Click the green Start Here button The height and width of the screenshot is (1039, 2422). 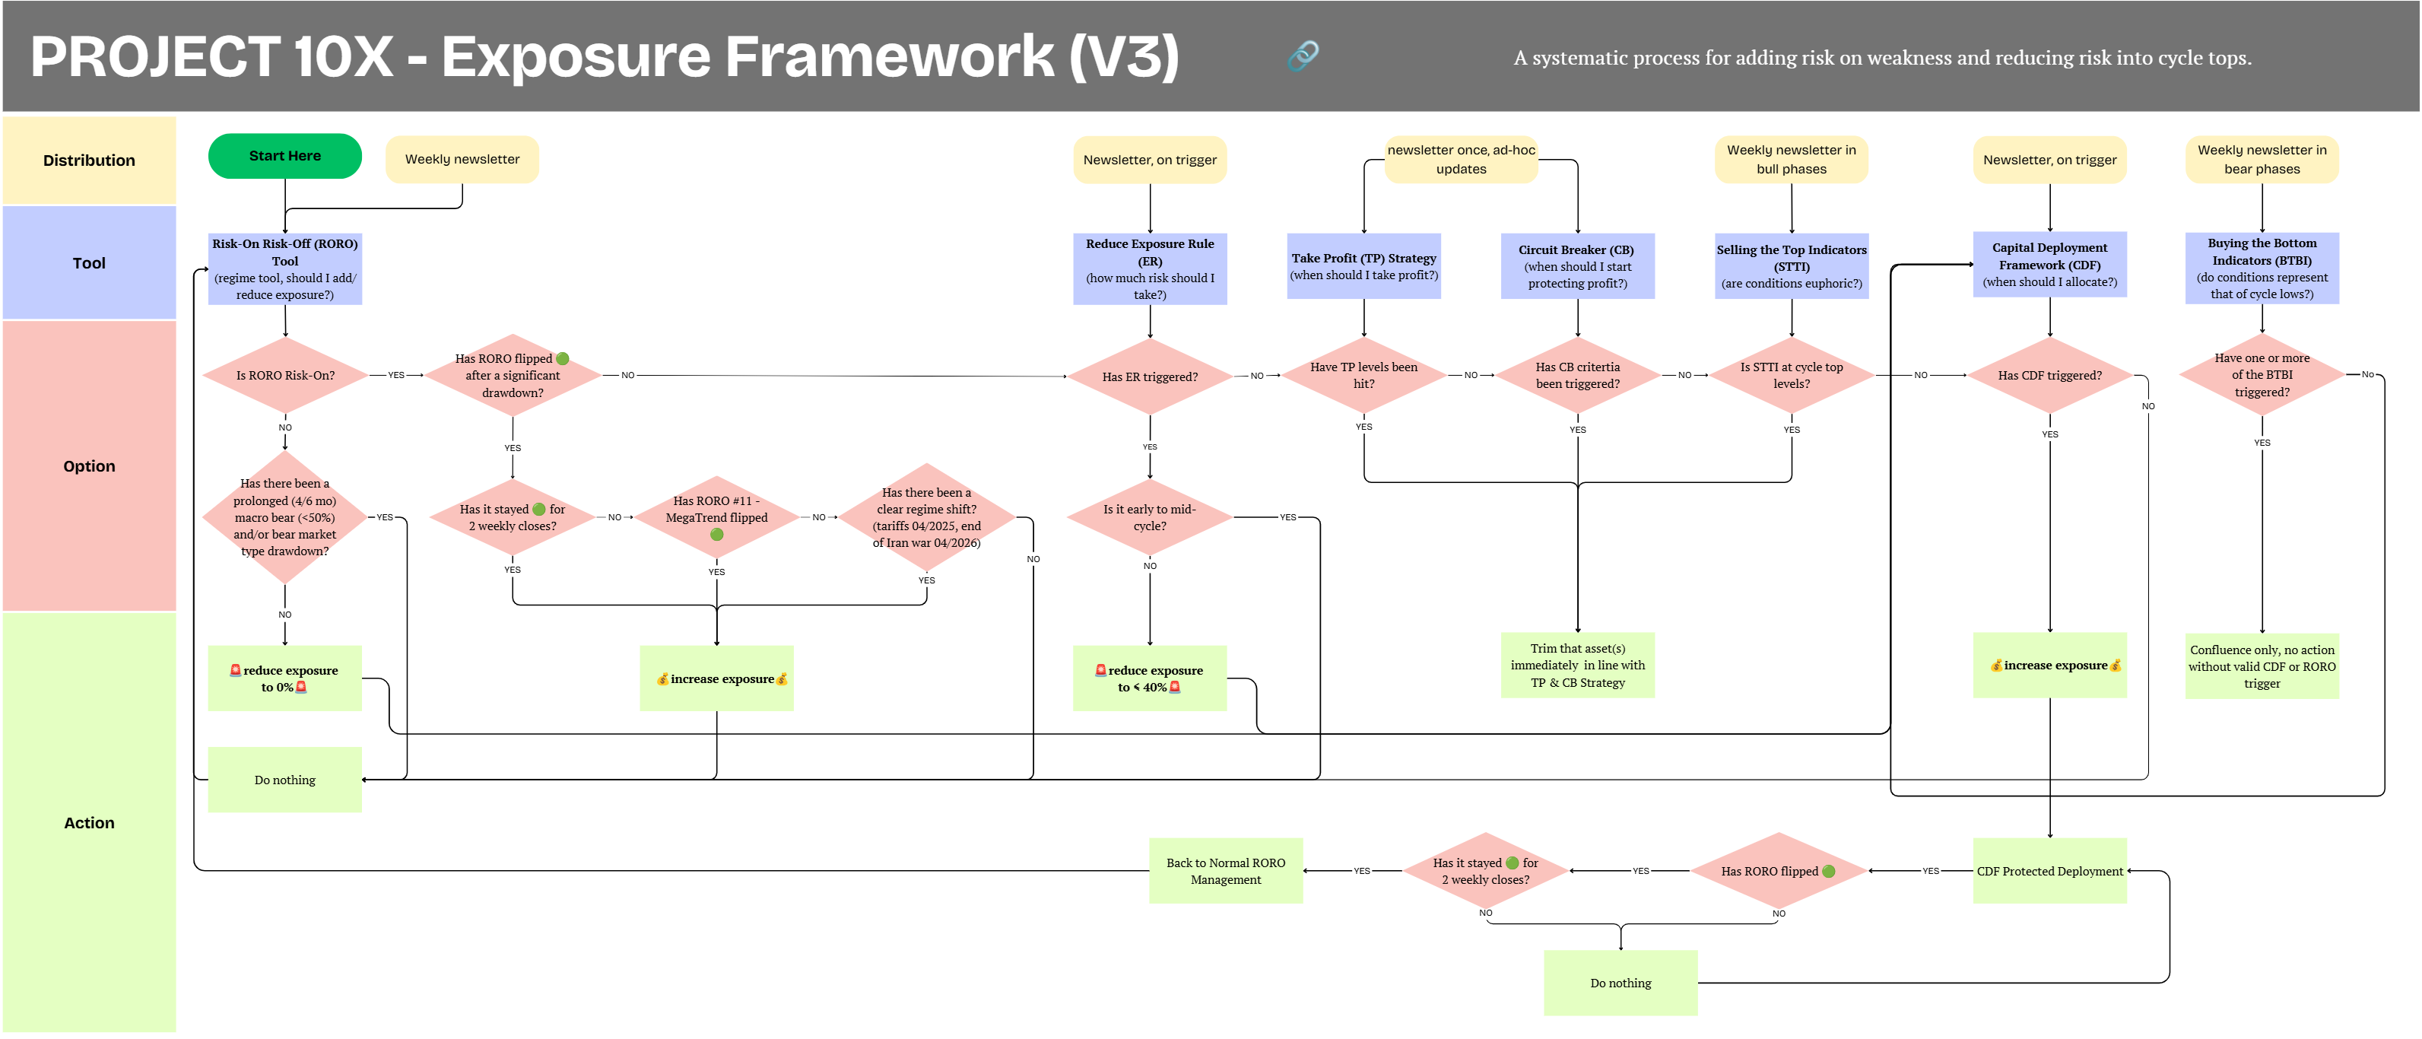point(285,156)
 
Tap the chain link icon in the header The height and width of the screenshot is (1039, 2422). point(1303,56)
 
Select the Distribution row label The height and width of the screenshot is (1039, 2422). point(89,160)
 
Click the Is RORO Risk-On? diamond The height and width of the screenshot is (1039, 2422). point(285,375)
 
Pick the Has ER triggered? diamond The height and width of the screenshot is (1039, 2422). point(1150,376)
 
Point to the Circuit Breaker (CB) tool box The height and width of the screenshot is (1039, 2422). point(1578,266)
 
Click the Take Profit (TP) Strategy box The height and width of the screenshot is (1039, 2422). point(1364,266)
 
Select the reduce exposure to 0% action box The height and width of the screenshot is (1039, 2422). point(285,678)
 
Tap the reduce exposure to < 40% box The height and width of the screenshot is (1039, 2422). point(1150,678)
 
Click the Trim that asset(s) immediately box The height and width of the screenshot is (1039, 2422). point(1578,666)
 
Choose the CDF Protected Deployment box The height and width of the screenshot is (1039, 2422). point(2049,871)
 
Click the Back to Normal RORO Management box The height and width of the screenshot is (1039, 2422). point(1226,871)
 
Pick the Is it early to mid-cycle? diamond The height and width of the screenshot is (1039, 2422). point(1150,517)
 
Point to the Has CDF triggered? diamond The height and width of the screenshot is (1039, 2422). point(2049,375)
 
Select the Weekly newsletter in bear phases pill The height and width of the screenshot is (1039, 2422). point(2262,160)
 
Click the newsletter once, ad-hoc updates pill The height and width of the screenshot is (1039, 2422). point(1461,160)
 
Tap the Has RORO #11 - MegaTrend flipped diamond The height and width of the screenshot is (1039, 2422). point(716,517)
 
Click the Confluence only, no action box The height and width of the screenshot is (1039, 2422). point(2262,666)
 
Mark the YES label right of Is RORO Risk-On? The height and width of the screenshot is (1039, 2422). point(397,375)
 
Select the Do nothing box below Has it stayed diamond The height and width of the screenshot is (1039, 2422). point(1621,983)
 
